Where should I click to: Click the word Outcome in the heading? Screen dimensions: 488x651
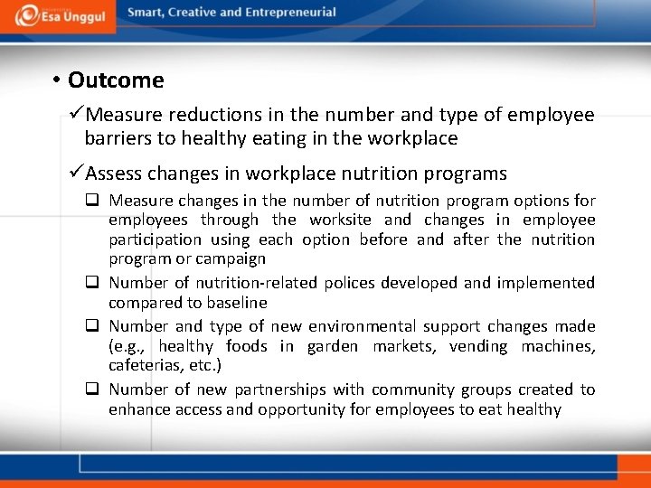click(x=116, y=80)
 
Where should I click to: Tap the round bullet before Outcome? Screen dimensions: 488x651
click(x=55, y=80)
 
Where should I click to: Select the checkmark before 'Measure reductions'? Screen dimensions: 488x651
click(x=76, y=115)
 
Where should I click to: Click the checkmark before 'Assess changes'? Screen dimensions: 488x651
click(x=76, y=173)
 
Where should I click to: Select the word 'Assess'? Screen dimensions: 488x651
click(x=117, y=173)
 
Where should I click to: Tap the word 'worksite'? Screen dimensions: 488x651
click(x=342, y=220)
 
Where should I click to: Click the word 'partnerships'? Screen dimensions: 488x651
click(x=280, y=389)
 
